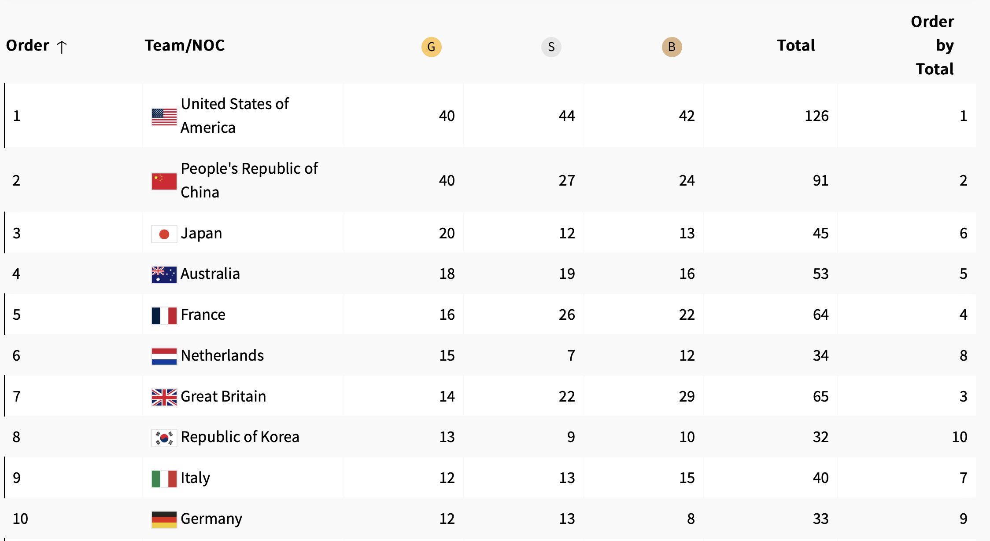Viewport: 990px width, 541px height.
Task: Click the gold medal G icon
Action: (431, 47)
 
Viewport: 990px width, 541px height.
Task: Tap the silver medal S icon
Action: (551, 47)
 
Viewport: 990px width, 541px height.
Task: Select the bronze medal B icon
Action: (672, 47)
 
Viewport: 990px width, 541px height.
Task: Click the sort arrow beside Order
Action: (62, 47)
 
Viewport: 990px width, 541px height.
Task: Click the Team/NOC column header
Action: (185, 45)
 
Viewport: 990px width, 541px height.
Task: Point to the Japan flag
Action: (164, 234)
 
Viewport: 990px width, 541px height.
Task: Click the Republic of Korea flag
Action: (164, 438)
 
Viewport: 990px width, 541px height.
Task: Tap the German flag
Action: (164, 519)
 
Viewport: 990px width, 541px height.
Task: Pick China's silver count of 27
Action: (566, 180)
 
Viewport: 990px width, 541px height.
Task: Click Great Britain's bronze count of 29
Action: (687, 396)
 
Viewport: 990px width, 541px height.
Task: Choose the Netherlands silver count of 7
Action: (571, 355)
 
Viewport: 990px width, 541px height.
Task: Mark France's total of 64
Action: (820, 314)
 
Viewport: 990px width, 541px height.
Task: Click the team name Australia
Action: (210, 274)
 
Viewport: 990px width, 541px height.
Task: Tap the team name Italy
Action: (195, 478)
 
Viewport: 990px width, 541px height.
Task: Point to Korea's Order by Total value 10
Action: (959, 437)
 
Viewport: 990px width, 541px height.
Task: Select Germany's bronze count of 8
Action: (691, 519)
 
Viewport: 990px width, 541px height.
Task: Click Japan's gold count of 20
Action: (447, 233)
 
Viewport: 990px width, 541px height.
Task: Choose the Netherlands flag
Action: (164, 356)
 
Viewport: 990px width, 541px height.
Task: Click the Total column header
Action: (795, 45)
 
